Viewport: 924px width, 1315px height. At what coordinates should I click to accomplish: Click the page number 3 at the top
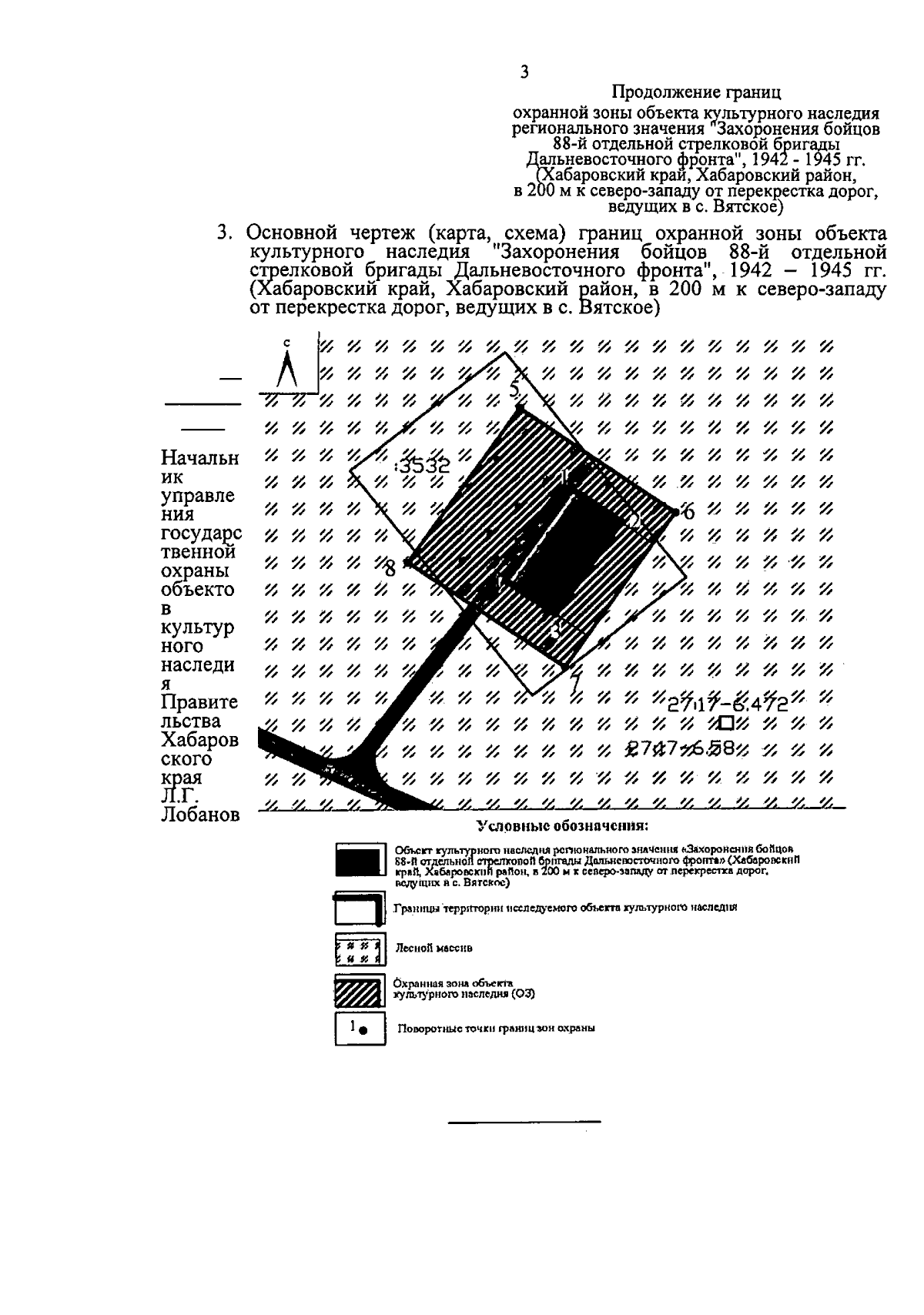[524, 72]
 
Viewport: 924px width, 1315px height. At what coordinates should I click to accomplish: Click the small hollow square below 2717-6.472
[726, 723]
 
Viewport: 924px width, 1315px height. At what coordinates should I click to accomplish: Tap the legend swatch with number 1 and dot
[360, 1028]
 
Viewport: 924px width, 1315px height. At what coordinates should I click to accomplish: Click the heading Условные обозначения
[562, 827]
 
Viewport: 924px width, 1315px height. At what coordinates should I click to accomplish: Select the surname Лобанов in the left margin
[200, 816]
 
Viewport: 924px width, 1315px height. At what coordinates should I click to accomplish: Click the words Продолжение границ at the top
[696, 93]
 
